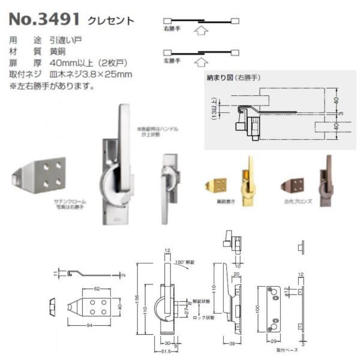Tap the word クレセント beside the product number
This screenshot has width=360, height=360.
pos(111,20)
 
